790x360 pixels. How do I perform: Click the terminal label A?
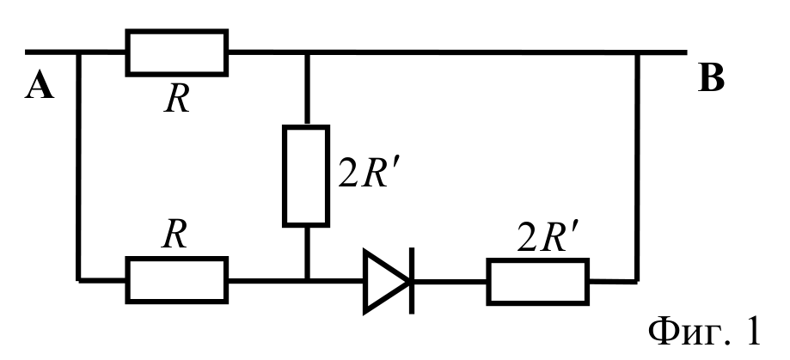[40, 84]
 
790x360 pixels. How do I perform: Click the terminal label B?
[712, 78]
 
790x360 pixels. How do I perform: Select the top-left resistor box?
[177, 52]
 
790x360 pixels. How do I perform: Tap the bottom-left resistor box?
[177, 280]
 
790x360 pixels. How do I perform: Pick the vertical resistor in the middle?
[306, 176]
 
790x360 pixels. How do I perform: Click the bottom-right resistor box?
[538, 282]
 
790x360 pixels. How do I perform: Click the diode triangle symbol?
[385, 281]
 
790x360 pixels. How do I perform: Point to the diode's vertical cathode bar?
[412, 281]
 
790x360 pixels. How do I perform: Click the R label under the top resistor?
[177, 100]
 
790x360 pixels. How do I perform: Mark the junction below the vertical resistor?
[306, 280]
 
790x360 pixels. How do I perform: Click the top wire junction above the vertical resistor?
[306, 52]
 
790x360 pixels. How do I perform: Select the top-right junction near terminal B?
[637, 52]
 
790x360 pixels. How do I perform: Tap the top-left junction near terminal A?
[78, 52]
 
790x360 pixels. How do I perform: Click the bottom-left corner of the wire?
[78, 280]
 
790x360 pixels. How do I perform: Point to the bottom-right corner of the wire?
[637, 281]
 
